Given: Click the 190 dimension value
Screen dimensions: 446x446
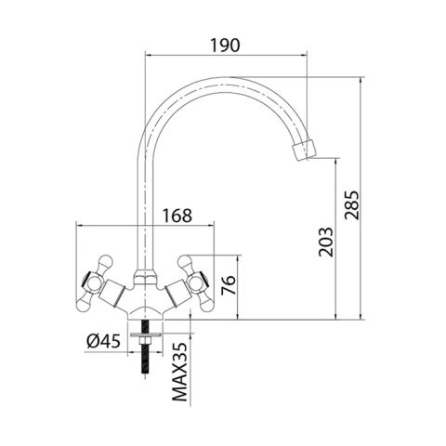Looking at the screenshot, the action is (x=225, y=46).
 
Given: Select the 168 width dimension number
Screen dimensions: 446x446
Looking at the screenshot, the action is (x=177, y=216).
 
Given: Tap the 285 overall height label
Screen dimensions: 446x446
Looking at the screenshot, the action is (x=352, y=205).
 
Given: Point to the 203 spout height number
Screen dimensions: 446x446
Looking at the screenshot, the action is (x=325, y=243).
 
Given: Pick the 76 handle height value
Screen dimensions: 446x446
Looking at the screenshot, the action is (x=229, y=285).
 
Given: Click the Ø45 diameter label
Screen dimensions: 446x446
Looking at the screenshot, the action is (x=103, y=341).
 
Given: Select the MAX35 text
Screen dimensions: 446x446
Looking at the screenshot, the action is (x=179, y=372).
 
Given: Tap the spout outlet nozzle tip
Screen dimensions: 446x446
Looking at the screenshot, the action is (x=304, y=151).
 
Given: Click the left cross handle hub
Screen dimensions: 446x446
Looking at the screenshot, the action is (x=93, y=282).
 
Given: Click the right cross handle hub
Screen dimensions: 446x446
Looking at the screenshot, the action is (x=196, y=282).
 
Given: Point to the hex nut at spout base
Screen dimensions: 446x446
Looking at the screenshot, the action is (x=145, y=278).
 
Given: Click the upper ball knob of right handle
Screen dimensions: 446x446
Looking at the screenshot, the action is (x=185, y=262).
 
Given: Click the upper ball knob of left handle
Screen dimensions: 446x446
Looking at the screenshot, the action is (x=104, y=262).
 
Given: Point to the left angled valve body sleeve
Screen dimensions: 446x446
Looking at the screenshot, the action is (x=112, y=293).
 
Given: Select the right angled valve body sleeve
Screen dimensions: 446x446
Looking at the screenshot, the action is (x=177, y=293).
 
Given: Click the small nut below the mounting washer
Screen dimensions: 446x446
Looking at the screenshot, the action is (x=145, y=341).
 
